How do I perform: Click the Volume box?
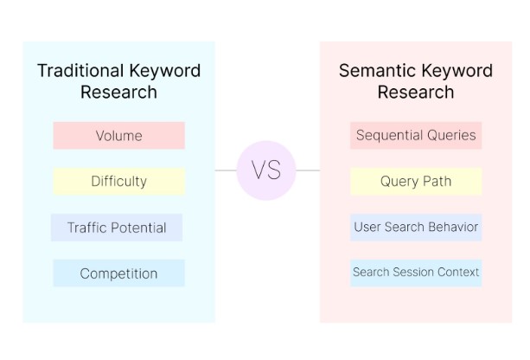[119, 135]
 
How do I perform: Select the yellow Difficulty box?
[119, 181]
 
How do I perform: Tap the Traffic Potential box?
[117, 228]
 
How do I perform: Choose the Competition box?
[119, 273]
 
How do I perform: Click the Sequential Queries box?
[416, 135]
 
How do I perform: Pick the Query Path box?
[416, 181]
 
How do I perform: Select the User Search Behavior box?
[416, 227]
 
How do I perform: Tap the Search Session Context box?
[416, 273]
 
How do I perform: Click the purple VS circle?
[266, 170]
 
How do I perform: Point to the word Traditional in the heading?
[80, 71]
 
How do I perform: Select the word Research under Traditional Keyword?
[119, 92]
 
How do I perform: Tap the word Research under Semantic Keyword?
[416, 92]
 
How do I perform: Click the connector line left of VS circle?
[226, 170]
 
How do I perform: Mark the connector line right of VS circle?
[308, 170]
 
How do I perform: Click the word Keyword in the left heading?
[165, 71]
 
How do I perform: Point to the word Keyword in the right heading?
[457, 71]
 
